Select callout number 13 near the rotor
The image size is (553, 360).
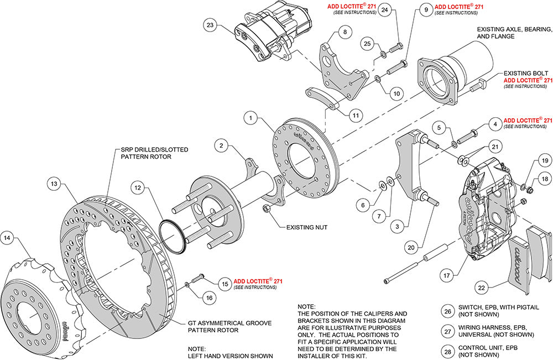pyautogui.click(x=53, y=184)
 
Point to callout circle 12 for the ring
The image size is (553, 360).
pyautogui.click(x=138, y=188)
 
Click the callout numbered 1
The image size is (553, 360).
pyautogui.click(x=251, y=118)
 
